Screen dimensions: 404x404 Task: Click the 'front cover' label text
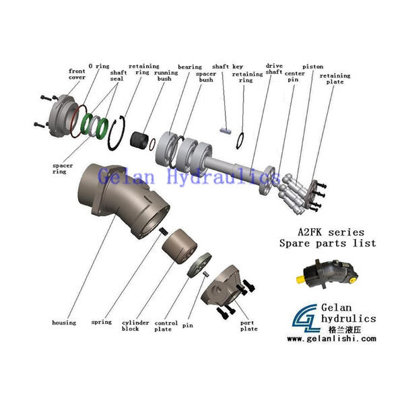pos(77,73)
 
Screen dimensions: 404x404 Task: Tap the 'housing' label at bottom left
pos(64,323)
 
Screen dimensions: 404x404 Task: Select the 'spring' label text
pos(101,323)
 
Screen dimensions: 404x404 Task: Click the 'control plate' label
pos(166,326)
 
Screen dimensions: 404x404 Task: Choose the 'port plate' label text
pos(248,326)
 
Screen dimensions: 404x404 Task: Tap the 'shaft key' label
pos(228,67)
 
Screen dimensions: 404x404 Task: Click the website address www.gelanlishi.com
pos(331,339)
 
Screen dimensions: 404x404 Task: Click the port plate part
pos(226,288)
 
